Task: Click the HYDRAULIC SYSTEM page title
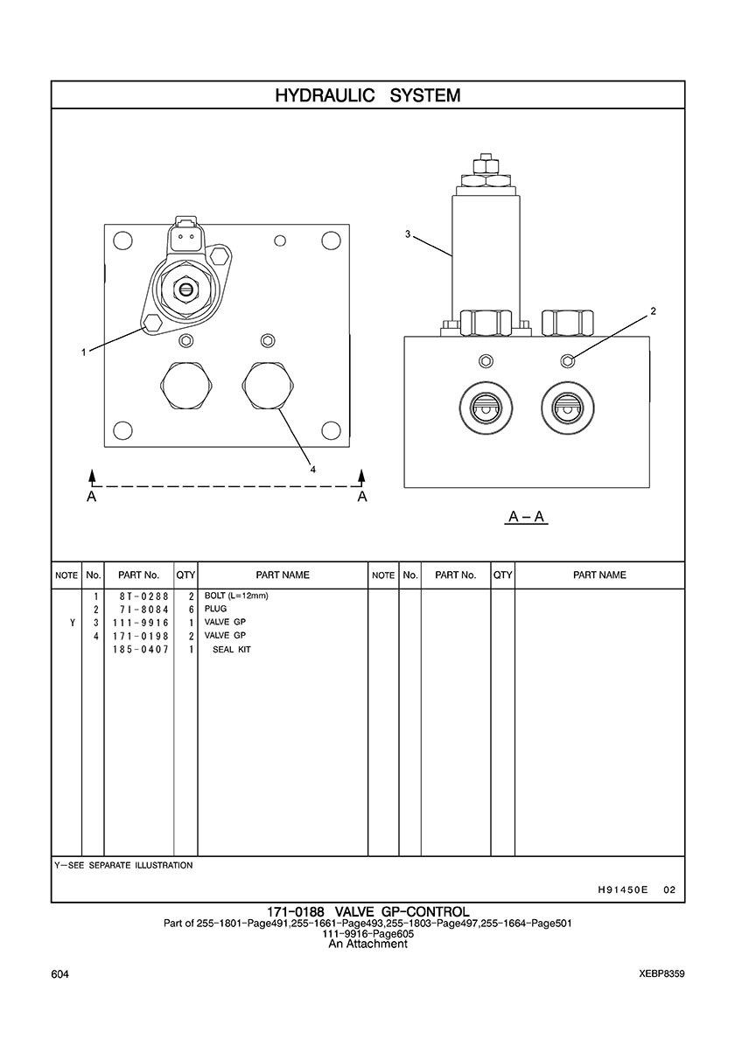pyautogui.click(x=367, y=95)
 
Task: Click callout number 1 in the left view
pyautogui.click(x=84, y=352)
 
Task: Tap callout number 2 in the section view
pyautogui.click(x=653, y=310)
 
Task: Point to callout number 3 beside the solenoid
pyautogui.click(x=408, y=234)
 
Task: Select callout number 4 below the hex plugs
pyautogui.click(x=312, y=469)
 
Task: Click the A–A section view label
pyautogui.click(x=527, y=517)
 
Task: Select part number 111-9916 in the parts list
pyautogui.click(x=140, y=623)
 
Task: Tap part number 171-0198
pyautogui.click(x=140, y=636)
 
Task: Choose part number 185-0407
pyautogui.click(x=140, y=650)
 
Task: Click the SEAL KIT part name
pyautogui.click(x=232, y=650)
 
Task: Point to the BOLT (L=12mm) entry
pyautogui.click(x=235, y=596)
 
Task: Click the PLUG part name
pyautogui.click(x=215, y=610)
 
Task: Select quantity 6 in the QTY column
pyautogui.click(x=190, y=610)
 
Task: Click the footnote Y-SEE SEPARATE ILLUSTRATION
pyautogui.click(x=123, y=866)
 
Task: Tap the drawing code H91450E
pyautogui.click(x=621, y=890)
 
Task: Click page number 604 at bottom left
pyautogui.click(x=60, y=974)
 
